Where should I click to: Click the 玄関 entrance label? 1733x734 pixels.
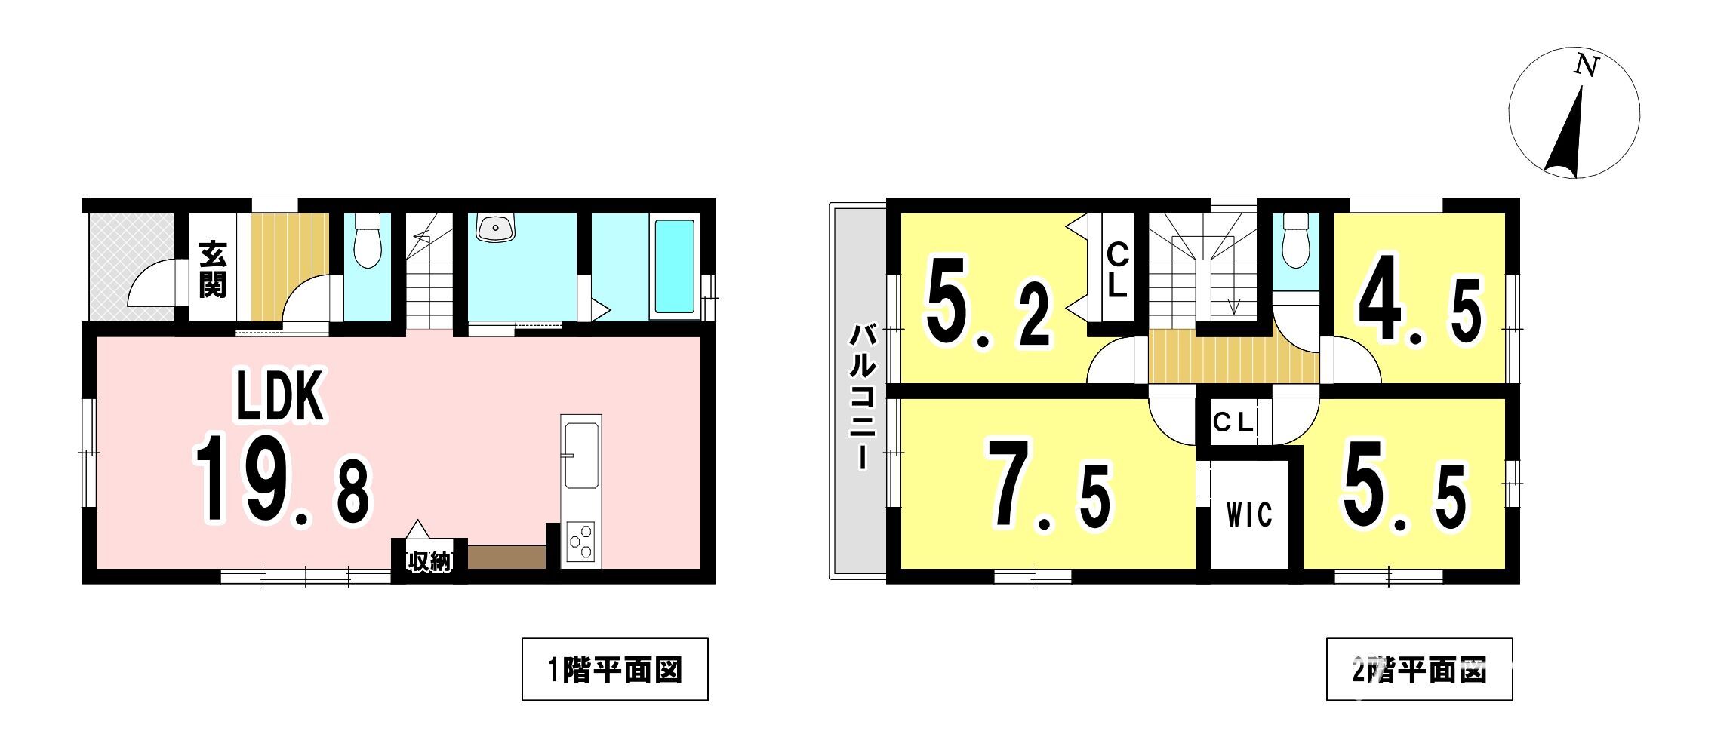[x=213, y=269]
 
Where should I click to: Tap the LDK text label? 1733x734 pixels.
[x=280, y=395]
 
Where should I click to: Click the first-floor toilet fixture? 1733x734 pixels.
[x=368, y=240]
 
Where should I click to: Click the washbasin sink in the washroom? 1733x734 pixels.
[x=495, y=226]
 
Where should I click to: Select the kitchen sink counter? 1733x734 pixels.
[x=580, y=452]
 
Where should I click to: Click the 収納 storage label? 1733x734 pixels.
[x=429, y=562]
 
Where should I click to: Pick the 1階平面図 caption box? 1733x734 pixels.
[x=615, y=669]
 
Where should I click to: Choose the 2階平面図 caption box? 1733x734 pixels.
[x=1420, y=669]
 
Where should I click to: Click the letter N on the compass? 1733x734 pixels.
[x=1586, y=66]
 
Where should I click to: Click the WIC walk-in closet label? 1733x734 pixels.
[x=1249, y=515]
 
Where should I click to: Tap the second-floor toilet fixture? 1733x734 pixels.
[x=1296, y=240]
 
